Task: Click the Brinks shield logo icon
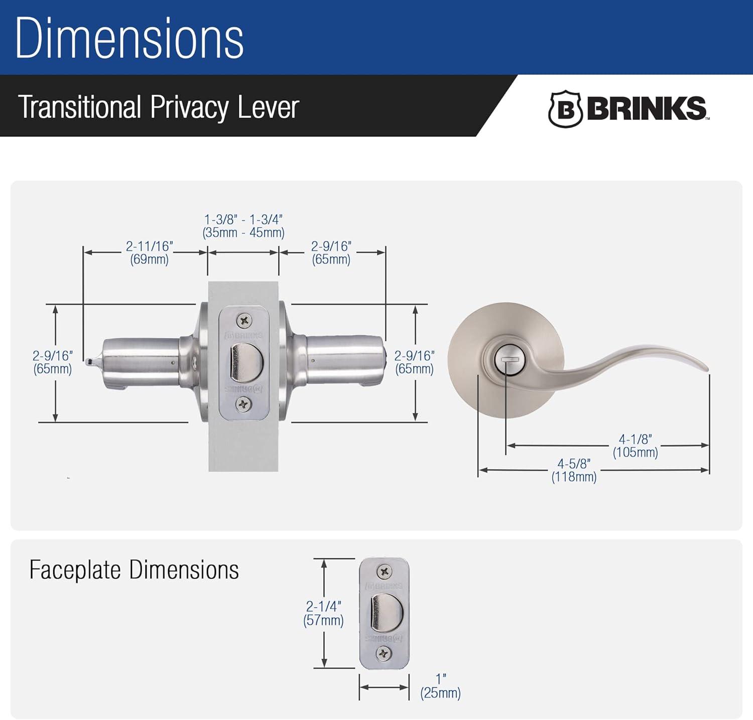click(565, 109)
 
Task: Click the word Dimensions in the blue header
click(130, 39)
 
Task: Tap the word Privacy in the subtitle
click(189, 107)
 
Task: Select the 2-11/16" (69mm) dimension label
click(149, 253)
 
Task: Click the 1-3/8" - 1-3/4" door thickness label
click(243, 226)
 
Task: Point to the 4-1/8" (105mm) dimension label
click(635, 446)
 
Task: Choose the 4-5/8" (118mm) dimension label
click(574, 471)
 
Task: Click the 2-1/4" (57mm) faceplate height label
click(324, 613)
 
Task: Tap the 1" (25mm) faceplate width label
click(440, 686)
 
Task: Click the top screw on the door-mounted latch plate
click(244, 320)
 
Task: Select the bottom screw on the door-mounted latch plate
click(244, 403)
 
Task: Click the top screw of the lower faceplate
click(385, 571)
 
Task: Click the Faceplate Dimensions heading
click(134, 570)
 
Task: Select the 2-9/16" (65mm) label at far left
click(53, 362)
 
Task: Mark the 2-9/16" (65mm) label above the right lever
click(331, 253)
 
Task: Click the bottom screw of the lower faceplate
click(384, 653)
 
